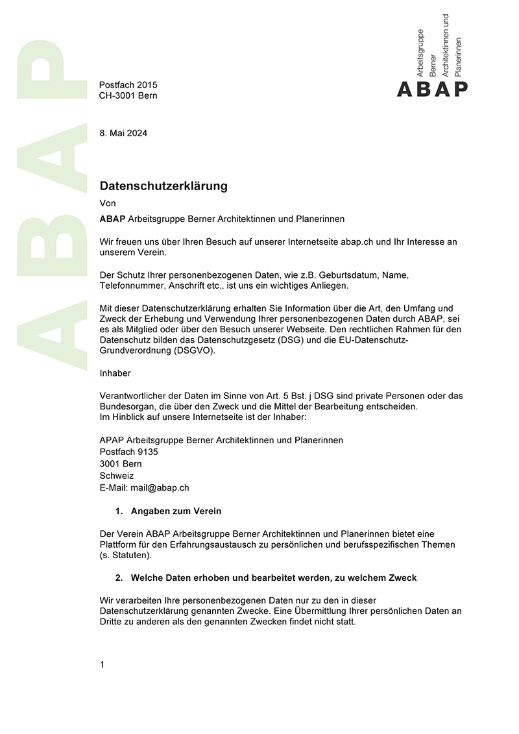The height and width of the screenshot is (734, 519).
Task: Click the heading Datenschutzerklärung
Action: coord(163,186)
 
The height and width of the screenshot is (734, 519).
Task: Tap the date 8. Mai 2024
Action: coord(123,134)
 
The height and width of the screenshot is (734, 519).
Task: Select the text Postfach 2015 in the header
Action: coord(128,85)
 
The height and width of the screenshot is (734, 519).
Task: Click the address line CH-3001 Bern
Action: coord(128,96)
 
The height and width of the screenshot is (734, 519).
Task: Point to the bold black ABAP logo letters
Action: coord(432,89)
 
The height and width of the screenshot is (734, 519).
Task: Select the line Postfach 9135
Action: coord(128,452)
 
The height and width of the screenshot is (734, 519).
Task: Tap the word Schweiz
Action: coord(117,476)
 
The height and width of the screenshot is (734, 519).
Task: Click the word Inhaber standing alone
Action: coord(115,373)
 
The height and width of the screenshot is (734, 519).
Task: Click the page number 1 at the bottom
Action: coord(103,665)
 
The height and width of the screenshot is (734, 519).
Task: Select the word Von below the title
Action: coord(108,203)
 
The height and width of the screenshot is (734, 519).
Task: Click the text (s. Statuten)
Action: coord(127,556)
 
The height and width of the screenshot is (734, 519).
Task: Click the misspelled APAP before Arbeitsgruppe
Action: coord(113,440)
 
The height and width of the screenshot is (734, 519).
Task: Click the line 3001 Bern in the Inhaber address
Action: coord(121,464)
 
